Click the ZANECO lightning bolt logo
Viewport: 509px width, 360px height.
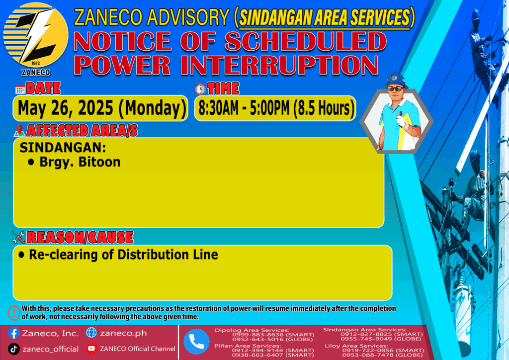coord(36,36)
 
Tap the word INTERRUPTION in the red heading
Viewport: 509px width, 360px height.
coord(279,66)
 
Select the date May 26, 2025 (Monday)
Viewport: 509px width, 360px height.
coord(102,108)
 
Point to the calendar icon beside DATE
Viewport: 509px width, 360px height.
coord(20,89)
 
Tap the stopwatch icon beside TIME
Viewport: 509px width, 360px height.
coord(200,89)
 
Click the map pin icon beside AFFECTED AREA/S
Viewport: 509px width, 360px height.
coord(19,130)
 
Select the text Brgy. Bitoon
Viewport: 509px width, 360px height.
coord(80,162)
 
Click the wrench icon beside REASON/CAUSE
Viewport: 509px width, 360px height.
coord(18,237)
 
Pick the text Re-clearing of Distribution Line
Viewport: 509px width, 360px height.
coord(123,255)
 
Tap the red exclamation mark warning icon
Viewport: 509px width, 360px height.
coord(14,313)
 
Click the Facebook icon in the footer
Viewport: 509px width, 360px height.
coord(13,333)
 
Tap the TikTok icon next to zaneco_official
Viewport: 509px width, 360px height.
coord(13,349)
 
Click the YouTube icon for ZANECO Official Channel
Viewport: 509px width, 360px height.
coord(91,348)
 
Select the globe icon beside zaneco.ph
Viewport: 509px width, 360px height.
coord(91,333)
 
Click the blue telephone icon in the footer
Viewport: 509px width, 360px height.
coord(196,342)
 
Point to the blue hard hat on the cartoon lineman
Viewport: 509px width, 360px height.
coord(395,79)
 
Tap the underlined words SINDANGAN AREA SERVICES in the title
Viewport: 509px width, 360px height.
coord(325,17)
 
